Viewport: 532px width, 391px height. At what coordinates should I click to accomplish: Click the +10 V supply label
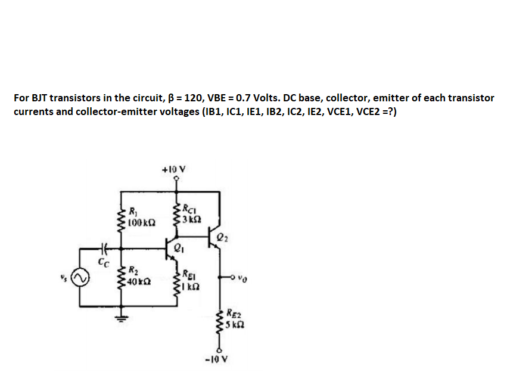175,169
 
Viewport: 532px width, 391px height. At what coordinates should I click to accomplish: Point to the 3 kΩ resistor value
191,220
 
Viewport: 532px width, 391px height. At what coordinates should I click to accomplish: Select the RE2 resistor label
234,315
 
